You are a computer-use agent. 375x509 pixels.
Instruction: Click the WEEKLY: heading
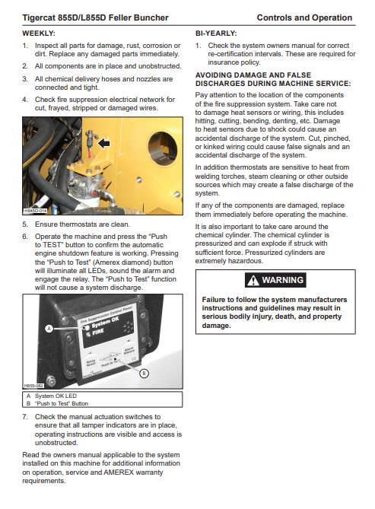tap(39, 33)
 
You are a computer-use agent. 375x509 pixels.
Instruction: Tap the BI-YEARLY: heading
tap(216, 33)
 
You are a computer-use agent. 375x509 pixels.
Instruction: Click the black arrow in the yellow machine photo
tap(104, 143)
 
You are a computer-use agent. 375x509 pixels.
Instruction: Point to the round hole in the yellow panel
tap(162, 148)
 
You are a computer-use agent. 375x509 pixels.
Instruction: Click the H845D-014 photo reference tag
tap(36, 211)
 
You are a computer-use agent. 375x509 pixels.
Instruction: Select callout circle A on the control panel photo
tap(49, 329)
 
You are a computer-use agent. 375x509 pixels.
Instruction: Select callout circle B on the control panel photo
tap(144, 374)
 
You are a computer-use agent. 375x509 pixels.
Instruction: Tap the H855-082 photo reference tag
tap(33, 386)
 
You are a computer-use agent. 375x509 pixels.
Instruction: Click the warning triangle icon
tap(253, 280)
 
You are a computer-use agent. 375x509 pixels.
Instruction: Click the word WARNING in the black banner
tap(282, 280)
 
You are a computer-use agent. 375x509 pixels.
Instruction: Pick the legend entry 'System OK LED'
tap(56, 396)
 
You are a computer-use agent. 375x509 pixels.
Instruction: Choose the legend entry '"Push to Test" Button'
tap(62, 403)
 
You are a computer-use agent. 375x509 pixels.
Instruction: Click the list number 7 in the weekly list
tap(25, 417)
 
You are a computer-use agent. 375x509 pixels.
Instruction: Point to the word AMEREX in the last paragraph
tap(119, 472)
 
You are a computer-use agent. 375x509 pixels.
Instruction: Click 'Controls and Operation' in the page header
tap(304, 17)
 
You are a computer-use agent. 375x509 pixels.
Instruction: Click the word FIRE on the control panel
tap(98, 332)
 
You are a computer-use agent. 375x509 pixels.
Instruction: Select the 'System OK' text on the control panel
tap(106, 323)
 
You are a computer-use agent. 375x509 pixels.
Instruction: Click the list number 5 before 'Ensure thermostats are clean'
tap(25, 224)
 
